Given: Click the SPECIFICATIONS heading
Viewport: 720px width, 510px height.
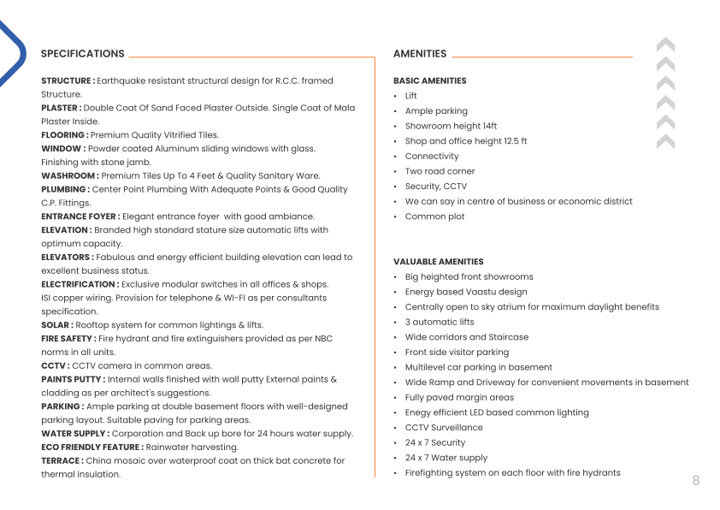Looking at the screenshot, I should [x=83, y=54].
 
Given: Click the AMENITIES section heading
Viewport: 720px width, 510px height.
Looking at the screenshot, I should [x=420, y=54].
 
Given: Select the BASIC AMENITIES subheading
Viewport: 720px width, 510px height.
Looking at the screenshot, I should [x=430, y=81].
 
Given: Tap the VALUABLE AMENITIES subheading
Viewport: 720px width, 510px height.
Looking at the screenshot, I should [x=439, y=262].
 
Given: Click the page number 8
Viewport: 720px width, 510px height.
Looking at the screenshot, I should [x=696, y=481].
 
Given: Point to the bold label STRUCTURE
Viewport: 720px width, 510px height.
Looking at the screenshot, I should [x=68, y=81].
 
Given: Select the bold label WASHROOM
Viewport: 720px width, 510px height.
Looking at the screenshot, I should [x=69, y=176].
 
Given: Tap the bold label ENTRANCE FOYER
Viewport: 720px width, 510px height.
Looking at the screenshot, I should [x=80, y=216].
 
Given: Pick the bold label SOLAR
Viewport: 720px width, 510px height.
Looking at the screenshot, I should [x=56, y=325].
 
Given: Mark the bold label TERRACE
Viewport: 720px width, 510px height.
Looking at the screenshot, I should [x=62, y=461].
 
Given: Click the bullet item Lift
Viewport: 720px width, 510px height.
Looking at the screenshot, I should [x=411, y=96].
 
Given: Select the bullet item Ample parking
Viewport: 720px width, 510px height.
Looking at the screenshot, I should [x=436, y=111].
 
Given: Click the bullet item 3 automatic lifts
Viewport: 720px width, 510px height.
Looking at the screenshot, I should [x=440, y=323].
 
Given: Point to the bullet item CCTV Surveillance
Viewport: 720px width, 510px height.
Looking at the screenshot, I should [x=444, y=428].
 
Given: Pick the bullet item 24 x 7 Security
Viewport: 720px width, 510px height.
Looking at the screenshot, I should [x=435, y=443].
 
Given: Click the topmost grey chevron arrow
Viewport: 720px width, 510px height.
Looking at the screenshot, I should [x=665, y=44].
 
